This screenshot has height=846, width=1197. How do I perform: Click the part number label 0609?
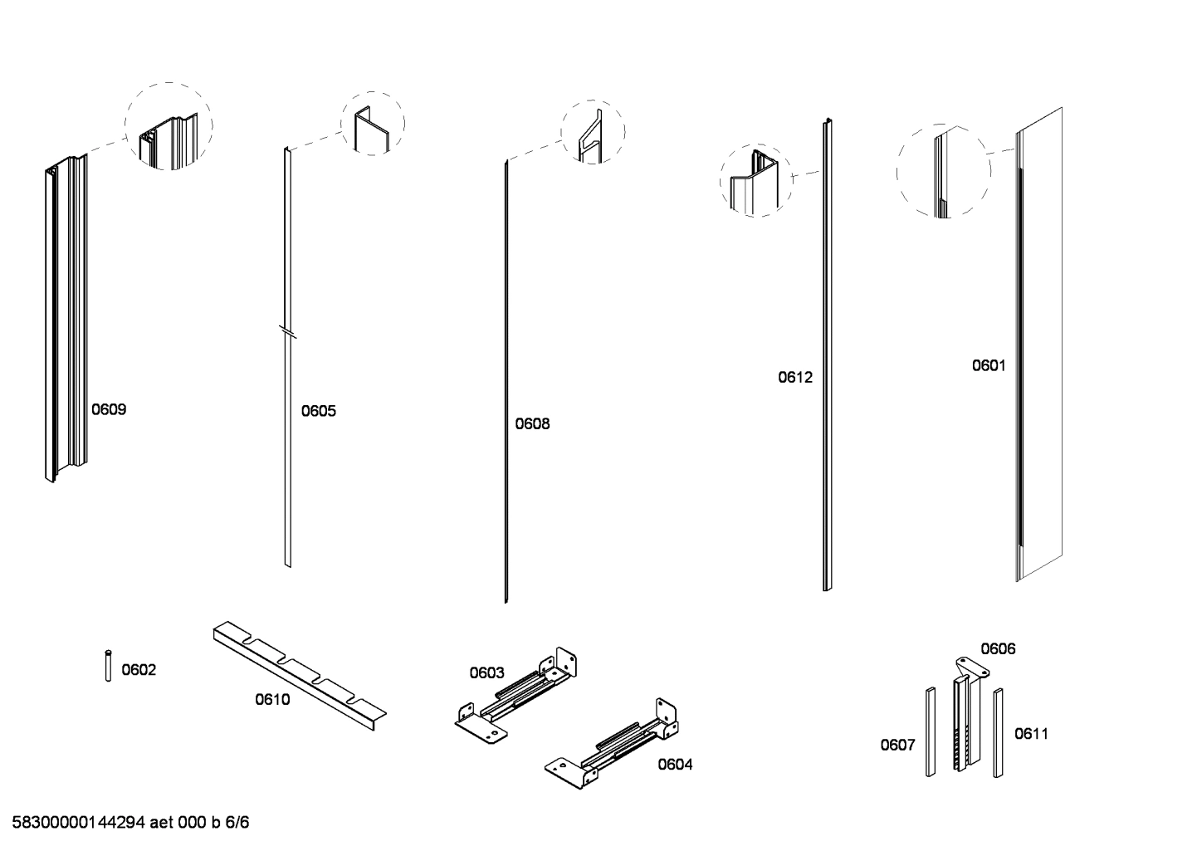[x=109, y=409]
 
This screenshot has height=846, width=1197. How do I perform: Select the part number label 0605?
[x=319, y=411]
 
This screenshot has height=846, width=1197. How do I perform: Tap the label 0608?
[x=532, y=423]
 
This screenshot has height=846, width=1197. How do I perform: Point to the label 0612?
[x=795, y=377]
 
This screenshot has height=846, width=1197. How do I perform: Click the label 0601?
[x=989, y=365]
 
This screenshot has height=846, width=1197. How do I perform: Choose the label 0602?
[x=139, y=670]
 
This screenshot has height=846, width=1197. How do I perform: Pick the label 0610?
[x=272, y=700]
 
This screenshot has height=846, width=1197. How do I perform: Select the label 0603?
[x=486, y=672]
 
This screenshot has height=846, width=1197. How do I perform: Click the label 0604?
[x=675, y=765]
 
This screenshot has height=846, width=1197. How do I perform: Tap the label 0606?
[x=998, y=649]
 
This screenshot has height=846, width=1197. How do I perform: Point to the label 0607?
[x=897, y=745]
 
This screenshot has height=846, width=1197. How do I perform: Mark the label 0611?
[x=1032, y=734]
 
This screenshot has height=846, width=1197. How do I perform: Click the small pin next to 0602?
[x=108, y=667]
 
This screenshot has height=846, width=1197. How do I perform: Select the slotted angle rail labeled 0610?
[x=299, y=673]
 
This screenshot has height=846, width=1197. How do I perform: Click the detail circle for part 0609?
[x=169, y=127]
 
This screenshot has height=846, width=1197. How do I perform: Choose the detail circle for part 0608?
[x=593, y=132]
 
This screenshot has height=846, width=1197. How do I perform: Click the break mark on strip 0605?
[x=287, y=332]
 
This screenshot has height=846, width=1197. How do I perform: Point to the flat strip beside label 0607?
[x=931, y=731]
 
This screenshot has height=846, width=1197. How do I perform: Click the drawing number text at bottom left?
[x=130, y=823]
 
